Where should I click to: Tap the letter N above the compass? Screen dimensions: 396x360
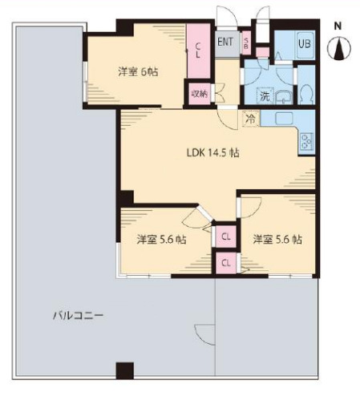pyautogui.click(x=339, y=26)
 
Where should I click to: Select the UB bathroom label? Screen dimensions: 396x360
pyautogui.click(x=304, y=44)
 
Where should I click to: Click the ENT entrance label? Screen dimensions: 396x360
pyautogui.click(x=225, y=42)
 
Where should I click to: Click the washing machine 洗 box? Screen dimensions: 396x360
pyautogui.click(x=264, y=97)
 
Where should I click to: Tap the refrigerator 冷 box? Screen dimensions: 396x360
pyautogui.click(x=251, y=119)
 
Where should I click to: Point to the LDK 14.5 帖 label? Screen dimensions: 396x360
pyautogui.click(x=210, y=152)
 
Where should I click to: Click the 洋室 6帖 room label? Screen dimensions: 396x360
pyautogui.click(x=137, y=72)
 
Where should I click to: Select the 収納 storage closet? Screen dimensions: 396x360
pyautogui.click(x=198, y=93)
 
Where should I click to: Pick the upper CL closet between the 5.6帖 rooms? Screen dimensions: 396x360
pyautogui.click(x=226, y=236)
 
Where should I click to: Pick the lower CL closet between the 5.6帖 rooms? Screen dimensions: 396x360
pyautogui.click(x=226, y=261)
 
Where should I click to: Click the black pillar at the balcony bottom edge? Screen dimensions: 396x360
pyautogui.click(x=124, y=371)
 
